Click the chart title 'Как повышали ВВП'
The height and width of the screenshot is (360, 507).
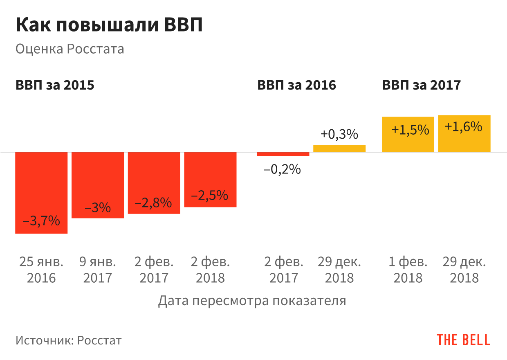click(x=109, y=25)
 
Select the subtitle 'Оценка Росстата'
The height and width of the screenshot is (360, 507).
click(x=70, y=49)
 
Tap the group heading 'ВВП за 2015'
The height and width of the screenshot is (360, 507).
click(x=55, y=85)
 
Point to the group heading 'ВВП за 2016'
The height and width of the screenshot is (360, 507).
click(x=296, y=85)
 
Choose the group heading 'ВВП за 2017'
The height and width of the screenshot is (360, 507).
click(x=422, y=85)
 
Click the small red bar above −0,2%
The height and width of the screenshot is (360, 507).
click(x=283, y=154)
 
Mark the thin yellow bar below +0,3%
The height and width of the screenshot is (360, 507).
click(x=339, y=148)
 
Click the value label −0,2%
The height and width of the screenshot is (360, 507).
click(x=283, y=169)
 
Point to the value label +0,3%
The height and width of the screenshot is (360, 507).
click(x=339, y=134)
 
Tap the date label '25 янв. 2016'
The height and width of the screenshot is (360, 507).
click(x=41, y=270)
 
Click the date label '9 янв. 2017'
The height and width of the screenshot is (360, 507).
click(x=98, y=270)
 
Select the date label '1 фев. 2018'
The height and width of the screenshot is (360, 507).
click(x=408, y=270)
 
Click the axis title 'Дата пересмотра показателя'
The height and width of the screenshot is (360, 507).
click(x=252, y=301)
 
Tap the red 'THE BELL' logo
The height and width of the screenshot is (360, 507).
click(x=463, y=340)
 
